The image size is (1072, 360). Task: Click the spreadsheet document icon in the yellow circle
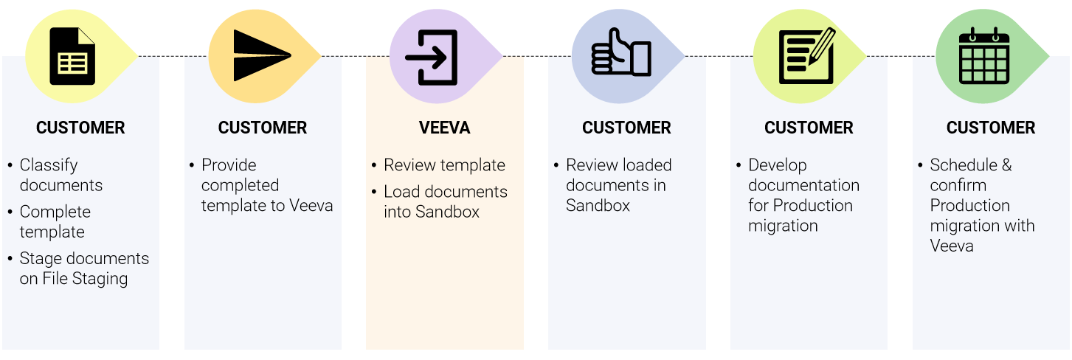point(72,56)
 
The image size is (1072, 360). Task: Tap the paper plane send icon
point(262,56)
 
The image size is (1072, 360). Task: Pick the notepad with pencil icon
point(806,56)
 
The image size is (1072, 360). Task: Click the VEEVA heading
point(444,128)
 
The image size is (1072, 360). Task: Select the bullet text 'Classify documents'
point(60,175)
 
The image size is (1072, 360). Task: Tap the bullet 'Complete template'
point(55,221)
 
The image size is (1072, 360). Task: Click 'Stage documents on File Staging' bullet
point(83,269)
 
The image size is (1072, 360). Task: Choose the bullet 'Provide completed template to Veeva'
point(266,185)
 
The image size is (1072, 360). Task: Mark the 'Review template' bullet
point(444,165)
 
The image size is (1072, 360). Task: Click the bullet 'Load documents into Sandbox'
point(445,201)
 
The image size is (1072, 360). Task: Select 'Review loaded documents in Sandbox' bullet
point(618,185)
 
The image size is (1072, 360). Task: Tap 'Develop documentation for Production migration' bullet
point(803,195)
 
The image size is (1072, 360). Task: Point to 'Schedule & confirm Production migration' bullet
point(981,205)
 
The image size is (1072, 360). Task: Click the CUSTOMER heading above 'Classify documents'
point(80,128)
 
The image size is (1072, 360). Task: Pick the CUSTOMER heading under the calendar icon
point(990,128)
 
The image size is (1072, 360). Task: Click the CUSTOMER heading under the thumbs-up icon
point(626,128)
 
